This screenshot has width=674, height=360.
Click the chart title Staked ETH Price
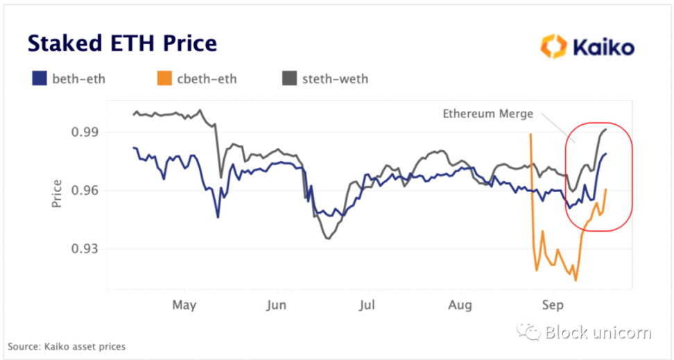coord(122,43)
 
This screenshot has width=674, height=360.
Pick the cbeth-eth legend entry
coord(200,78)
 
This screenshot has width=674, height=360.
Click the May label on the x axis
coord(184,305)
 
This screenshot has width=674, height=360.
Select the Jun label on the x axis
coord(276,305)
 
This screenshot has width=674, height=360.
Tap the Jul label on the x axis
coord(368,305)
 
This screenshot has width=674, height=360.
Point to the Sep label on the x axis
coord(553,305)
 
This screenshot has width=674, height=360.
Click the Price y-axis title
coord(58,194)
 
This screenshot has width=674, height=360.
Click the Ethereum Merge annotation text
coord(487,114)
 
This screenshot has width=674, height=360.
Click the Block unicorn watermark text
coord(598,332)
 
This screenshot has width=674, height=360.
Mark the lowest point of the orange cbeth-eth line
coord(576,280)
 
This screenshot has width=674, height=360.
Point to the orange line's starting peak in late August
coord(530,134)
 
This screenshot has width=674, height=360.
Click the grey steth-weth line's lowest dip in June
coord(327,239)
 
